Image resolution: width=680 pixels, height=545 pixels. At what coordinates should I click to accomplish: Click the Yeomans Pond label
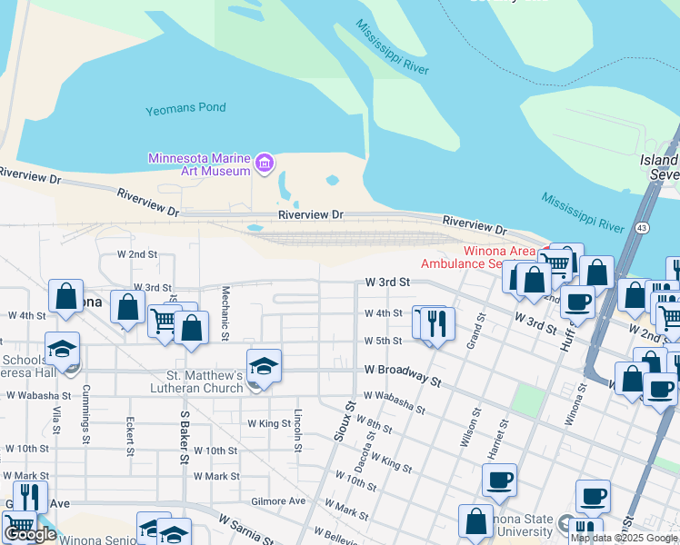pos(185,109)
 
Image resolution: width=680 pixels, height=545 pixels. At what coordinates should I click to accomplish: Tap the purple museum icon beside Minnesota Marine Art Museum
pos(265,163)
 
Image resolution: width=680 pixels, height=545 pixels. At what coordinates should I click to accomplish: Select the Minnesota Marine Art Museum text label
pos(199,164)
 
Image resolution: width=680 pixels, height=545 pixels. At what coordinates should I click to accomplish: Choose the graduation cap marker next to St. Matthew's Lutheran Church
pos(264,366)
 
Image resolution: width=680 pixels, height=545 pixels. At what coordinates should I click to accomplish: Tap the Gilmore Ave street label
pos(278,500)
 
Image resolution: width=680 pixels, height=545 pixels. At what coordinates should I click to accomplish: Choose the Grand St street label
pos(471,335)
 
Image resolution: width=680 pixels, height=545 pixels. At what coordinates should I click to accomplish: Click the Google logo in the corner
pos(30,534)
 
